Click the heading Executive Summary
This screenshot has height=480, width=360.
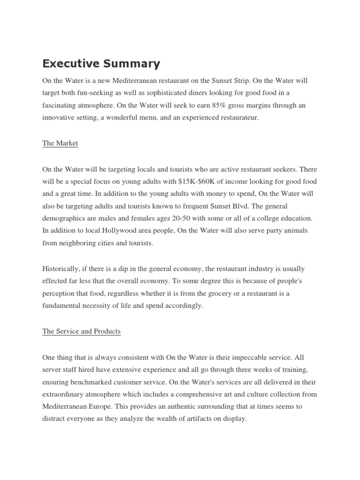(x=101, y=64)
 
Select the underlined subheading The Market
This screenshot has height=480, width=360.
(x=60, y=143)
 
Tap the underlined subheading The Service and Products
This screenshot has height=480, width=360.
(x=81, y=331)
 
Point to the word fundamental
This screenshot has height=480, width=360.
(x=61, y=306)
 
